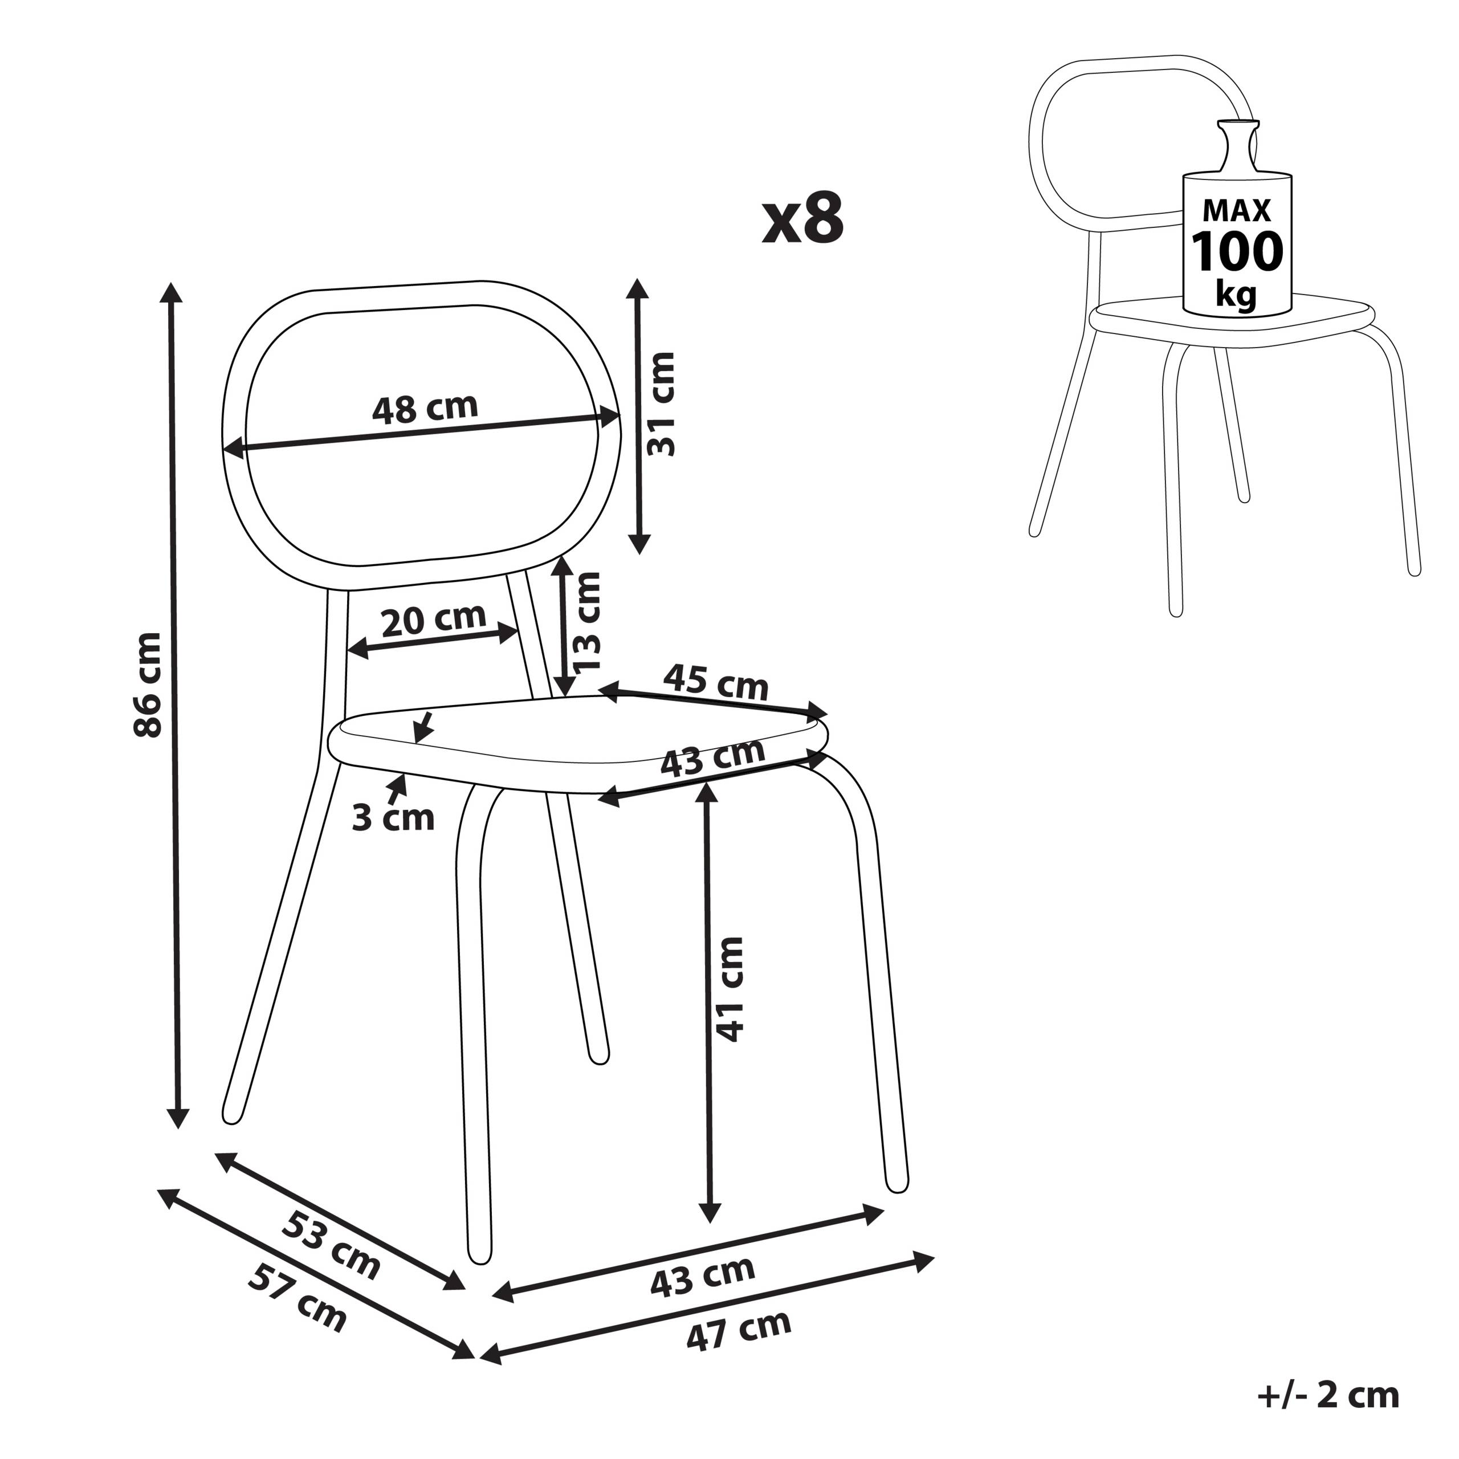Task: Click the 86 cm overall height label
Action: click(146, 686)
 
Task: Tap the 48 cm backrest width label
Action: click(425, 408)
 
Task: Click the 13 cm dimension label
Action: click(587, 622)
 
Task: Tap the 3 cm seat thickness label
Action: click(393, 818)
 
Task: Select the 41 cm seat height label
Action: click(729, 989)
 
